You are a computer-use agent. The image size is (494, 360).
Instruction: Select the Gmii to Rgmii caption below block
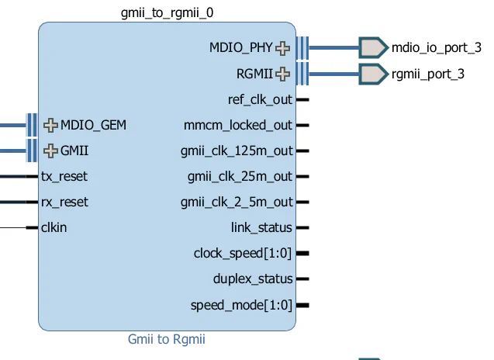tap(167, 339)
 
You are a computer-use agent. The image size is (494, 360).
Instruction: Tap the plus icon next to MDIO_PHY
tap(283, 48)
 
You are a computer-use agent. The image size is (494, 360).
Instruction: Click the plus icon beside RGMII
tap(283, 74)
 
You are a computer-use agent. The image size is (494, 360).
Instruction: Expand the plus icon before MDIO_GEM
tap(51, 125)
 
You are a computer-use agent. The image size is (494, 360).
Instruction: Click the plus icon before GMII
tap(51, 151)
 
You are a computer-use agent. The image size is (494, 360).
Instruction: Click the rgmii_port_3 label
tap(428, 74)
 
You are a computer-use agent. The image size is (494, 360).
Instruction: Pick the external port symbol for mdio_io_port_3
tap(372, 48)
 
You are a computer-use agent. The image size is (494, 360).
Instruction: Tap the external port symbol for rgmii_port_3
tap(372, 74)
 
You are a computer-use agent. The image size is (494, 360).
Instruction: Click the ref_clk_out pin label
tap(260, 100)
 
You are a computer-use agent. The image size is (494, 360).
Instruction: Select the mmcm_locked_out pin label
tap(238, 125)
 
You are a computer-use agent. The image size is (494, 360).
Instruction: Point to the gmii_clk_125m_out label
tap(237, 151)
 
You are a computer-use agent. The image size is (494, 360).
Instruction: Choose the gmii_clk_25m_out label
tap(240, 177)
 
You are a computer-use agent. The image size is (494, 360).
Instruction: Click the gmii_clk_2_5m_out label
tap(237, 202)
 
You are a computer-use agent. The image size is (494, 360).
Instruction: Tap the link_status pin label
tap(261, 227)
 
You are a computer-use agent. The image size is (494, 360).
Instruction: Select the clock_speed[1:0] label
tap(243, 254)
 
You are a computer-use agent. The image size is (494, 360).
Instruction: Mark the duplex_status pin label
tap(253, 279)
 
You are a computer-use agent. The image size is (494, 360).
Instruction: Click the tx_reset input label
tap(64, 176)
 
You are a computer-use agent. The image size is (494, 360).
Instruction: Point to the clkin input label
tap(54, 227)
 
